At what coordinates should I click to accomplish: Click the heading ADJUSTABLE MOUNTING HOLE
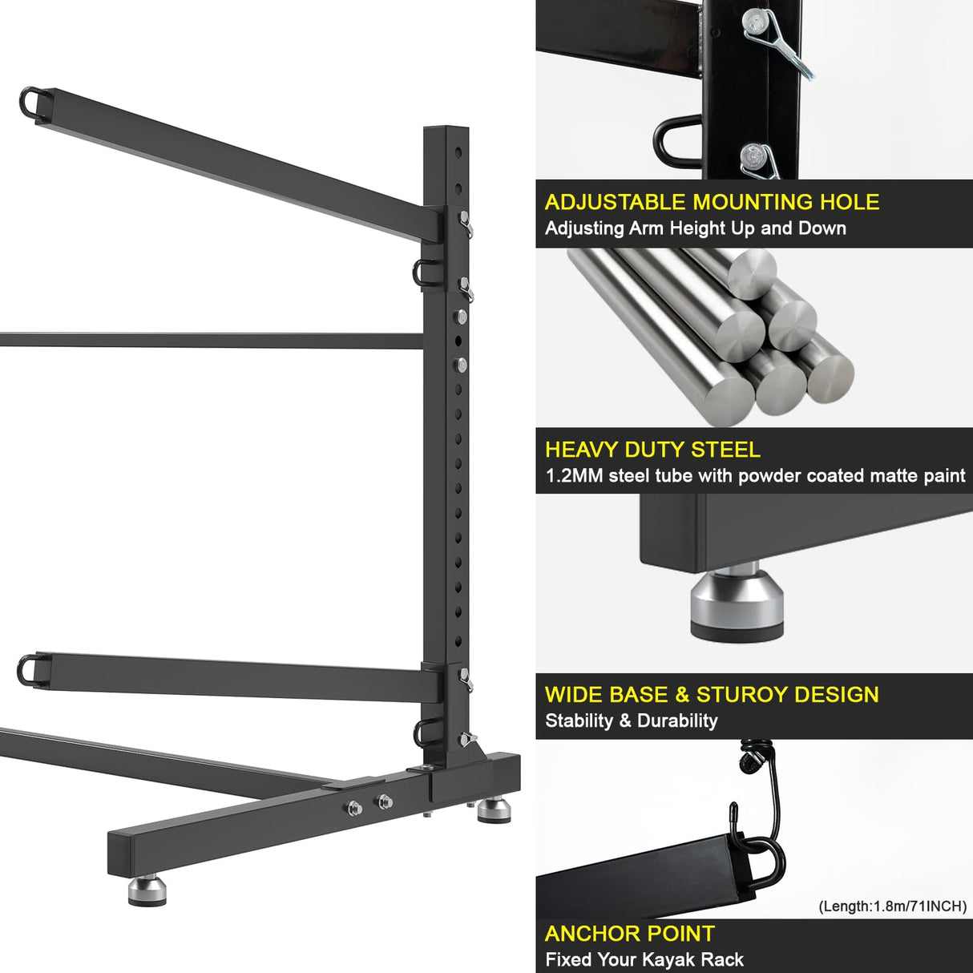pos(712,202)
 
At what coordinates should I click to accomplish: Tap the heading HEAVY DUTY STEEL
pos(652,450)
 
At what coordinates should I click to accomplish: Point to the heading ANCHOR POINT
pos(629,934)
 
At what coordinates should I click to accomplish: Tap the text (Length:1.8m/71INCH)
pos(892,906)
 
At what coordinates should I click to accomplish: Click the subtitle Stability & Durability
pos(631,721)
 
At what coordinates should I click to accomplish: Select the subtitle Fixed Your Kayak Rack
pos(644,959)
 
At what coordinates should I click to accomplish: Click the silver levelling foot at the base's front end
pos(147,890)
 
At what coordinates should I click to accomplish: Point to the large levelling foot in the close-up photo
pos(737,602)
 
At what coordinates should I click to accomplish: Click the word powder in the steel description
pos(769,476)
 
